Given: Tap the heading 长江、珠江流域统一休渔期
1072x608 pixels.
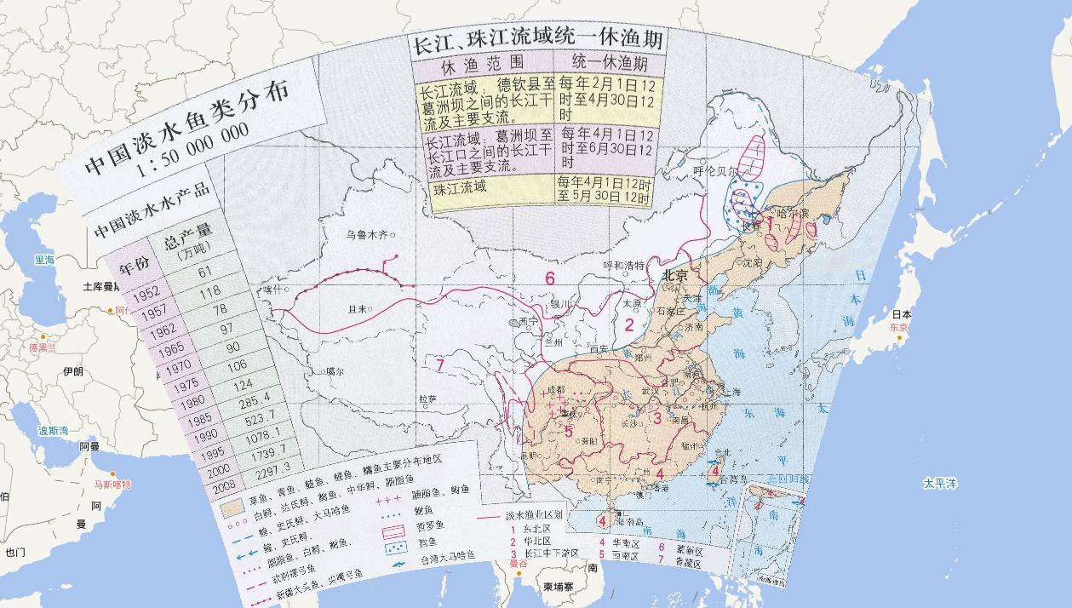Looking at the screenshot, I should click(537, 43).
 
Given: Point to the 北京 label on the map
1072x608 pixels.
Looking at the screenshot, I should click(675, 276).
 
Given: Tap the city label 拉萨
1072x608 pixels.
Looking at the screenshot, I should click(427, 398).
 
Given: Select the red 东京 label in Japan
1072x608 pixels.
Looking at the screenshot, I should click(898, 327).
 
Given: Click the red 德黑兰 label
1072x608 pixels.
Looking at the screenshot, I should click(41, 347).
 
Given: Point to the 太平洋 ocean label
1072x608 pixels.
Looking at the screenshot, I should click(940, 484).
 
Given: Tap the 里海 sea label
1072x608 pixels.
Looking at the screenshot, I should click(43, 259).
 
